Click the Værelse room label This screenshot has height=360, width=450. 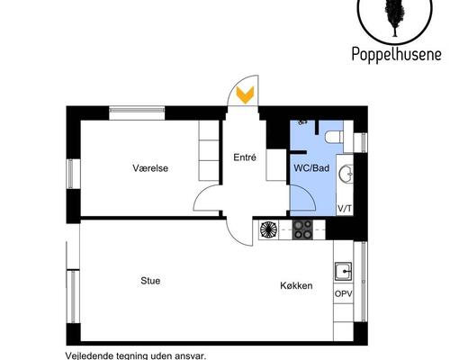(150, 168)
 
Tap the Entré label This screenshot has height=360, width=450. (245, 157)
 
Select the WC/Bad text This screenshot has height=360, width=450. (311, 168)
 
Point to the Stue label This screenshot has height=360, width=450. (150, 281)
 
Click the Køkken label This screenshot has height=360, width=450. (296, 285)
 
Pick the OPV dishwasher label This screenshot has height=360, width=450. (344, 294)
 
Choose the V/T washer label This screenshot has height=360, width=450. (345, 209)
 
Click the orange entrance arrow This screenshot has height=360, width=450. (245, 94)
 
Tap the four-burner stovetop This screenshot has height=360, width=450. (302, 229)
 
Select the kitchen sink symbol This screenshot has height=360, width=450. (344, 272)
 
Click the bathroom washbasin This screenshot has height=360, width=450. (346, 174)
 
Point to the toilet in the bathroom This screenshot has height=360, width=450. (335, 137)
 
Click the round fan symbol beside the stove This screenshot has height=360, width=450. (269, 229)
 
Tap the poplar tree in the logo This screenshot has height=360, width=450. (395, 15)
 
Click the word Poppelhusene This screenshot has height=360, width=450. (396, 54)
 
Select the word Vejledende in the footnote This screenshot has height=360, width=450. (86, 356)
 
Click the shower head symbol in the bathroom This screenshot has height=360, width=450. (302, 122)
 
